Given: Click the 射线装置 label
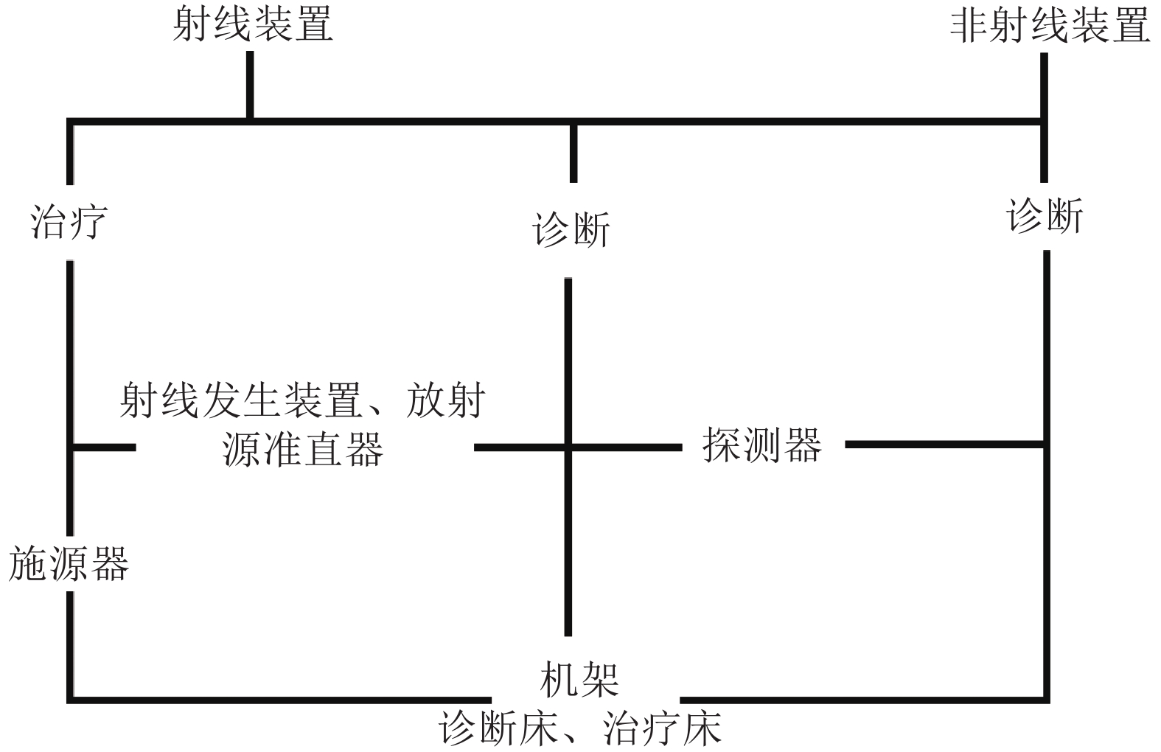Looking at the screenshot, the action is pyautogui.click(x=252, y=24).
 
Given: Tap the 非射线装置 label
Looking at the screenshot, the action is pyautogui.click(x=1050, y=26).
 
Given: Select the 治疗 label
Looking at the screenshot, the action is pyautogui.click(x=69, y=221).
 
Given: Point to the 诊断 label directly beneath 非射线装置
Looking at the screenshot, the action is pyautogui.click(x=1045, y=216).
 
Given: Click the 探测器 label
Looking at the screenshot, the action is pyautogui.click(x=761, y=445).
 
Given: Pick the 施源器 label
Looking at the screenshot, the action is pyautogui.click(x=69, y=563).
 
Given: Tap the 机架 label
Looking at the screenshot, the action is pyautogui.click(x=579, y=679).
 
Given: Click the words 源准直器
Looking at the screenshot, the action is pyautogui.click(x=302, y=448).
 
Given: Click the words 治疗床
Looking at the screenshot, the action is pyautogui.click(x=661, y=729).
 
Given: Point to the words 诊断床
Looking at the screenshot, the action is pyautogui.click(x=498, y=729).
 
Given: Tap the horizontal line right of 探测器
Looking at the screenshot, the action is pyautogui.click(x=944, y=445).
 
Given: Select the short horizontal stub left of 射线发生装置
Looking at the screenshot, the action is pyautogui.click(x=103, y=447).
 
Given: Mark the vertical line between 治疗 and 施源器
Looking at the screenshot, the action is pyautogui.click(x=70, y=354).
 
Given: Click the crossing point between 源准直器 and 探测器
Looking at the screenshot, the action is pyautogui.click(x=568, y=446).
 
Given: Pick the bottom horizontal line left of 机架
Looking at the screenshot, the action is pyautogui.click(x=280, y=699).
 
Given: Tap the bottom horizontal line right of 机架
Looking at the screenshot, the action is pyautogui.click(x=862, y=699).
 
